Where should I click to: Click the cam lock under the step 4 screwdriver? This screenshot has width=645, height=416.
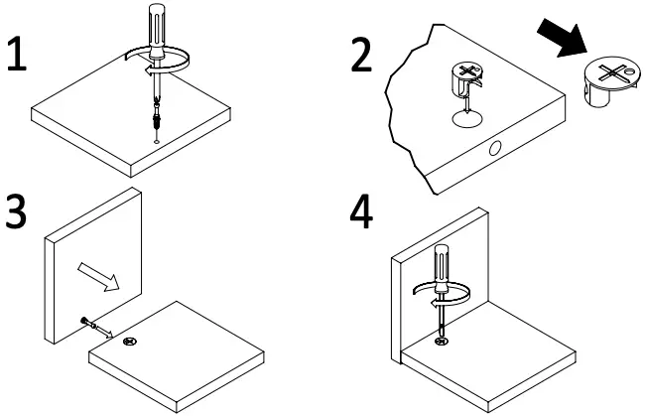tap(441, 342)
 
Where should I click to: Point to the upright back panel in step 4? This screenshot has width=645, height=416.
tap(407, 288)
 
